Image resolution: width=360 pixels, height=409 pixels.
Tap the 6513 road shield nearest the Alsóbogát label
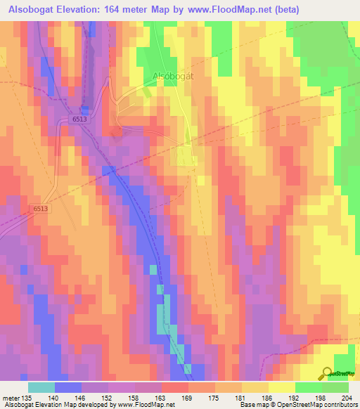click(79, 120)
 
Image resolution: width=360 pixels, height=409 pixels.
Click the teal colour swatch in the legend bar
click(41, 387)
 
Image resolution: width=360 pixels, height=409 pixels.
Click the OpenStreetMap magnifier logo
click(327, 372)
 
